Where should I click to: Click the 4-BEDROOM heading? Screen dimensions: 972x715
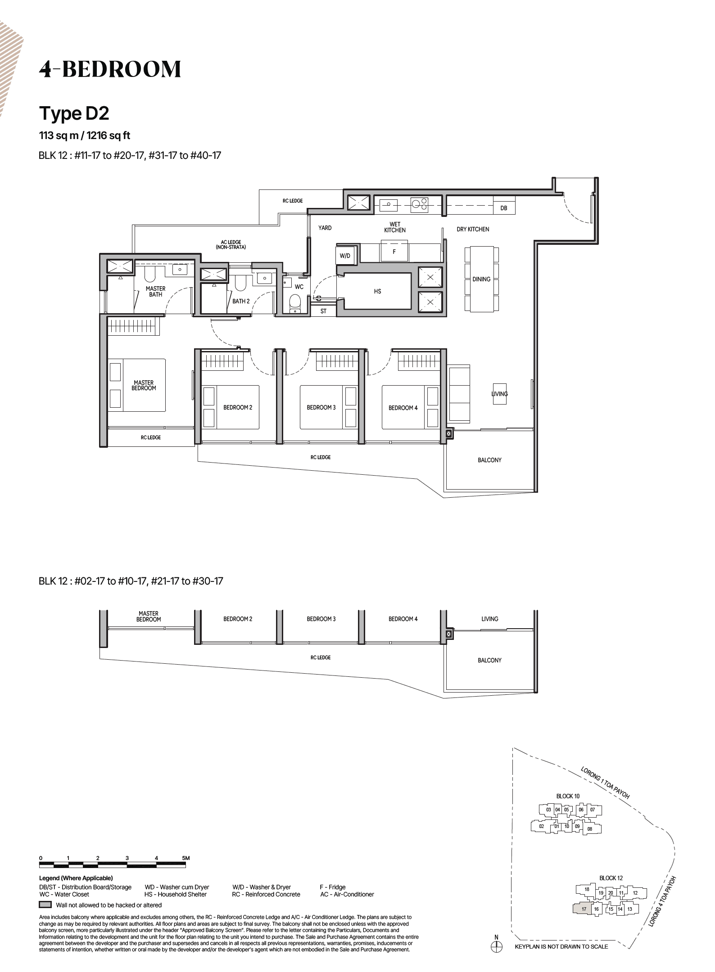[x=110, y=69]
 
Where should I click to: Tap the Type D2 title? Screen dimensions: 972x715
[x=74, y=113]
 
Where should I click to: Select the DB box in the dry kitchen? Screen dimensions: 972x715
[x=503, y=208]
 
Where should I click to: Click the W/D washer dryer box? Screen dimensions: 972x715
[x=345, y=256]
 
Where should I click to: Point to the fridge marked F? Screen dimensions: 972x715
[x=394, y=252]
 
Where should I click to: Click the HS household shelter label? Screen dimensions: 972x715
[x=377, y=291]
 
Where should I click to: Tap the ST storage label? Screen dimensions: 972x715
[x=323, y=311]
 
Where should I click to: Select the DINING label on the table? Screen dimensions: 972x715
[x=481, y=279]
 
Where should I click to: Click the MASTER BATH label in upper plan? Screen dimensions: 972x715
[x=155, y=291]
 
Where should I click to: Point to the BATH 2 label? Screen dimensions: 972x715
[x=241, y=301]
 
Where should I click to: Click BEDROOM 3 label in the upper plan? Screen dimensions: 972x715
[x=321, y=407]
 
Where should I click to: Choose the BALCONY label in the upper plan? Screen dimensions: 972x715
[x=489, y=460]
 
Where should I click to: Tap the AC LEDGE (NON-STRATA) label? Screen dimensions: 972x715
[x=231, y=245]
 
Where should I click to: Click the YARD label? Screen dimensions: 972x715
[x=325, y=228]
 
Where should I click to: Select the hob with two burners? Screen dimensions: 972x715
[x=419, y=205]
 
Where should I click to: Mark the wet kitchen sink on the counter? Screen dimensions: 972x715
[x=388, y=205]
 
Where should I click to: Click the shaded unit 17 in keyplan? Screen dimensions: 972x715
[x=584, y=909]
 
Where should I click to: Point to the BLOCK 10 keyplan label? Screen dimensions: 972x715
[x=568, y=796]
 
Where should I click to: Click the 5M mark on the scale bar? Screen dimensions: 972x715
[x=186, y=858]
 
